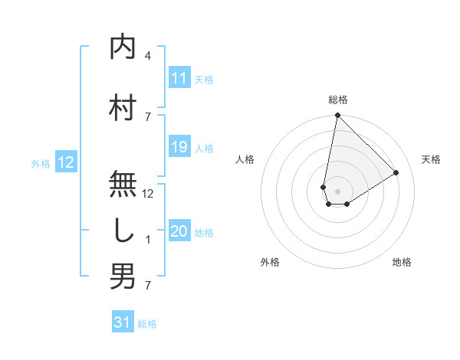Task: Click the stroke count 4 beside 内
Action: pos(148,55)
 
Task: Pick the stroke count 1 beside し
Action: pos(148,240)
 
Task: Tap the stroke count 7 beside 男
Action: pos(148,286)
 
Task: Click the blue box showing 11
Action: pos(179,78)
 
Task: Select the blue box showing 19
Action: pos(179,147)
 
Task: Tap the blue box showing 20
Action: pos(179,232)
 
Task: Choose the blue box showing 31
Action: pos(123,323)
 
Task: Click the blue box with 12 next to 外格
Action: pos(66,162)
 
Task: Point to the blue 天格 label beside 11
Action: pos(204,79)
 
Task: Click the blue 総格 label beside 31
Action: pos(147,324)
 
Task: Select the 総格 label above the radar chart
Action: pos(337,100)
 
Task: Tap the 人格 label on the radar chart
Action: pos(245,159)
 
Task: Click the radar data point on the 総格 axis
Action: pos(337,116)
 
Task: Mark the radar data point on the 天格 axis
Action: pos(396,173)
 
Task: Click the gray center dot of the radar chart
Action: pos(337,190)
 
